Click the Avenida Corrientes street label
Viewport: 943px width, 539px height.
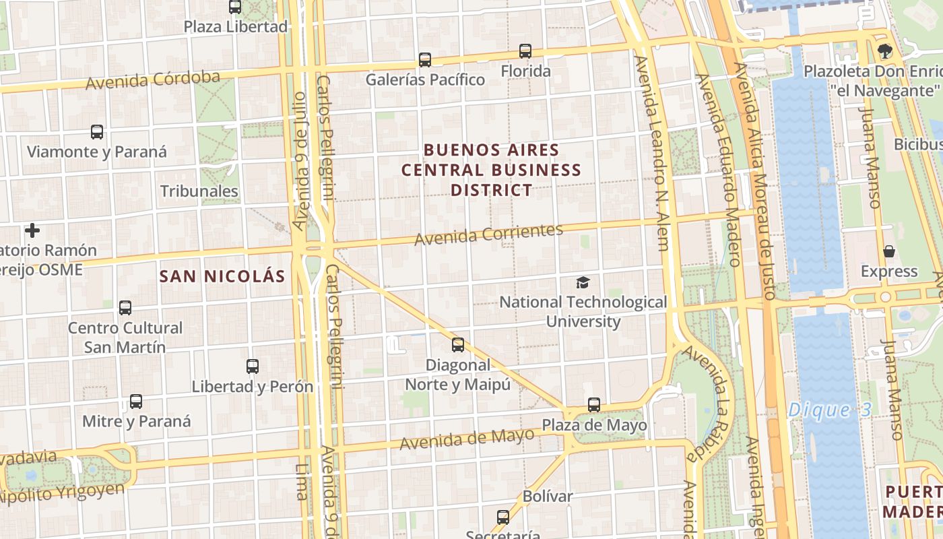[488, 234]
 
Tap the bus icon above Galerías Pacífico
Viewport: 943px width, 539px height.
[425, 60]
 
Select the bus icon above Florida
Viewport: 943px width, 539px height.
[525, 51]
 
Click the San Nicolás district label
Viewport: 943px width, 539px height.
[222, 276]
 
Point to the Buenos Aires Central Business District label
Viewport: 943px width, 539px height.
[492, 170]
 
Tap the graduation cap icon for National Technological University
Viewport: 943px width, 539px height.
[583, 283]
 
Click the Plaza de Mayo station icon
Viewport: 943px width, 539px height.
[594, 405]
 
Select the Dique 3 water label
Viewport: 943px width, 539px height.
[830, 410]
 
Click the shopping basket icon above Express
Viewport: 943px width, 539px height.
[889, 252]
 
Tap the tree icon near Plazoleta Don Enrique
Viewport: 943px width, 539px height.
[885, 51]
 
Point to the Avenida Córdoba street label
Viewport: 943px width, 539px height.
[153, 80]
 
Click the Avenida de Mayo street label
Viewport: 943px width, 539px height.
[467, 440]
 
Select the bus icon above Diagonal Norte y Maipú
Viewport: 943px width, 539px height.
[458, 345]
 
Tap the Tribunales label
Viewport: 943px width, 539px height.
[199, 191]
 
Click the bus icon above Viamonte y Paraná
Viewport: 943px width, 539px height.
[97, 132]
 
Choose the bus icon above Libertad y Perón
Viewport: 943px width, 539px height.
[253, 367]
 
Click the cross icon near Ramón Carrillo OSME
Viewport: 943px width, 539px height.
[32, 231]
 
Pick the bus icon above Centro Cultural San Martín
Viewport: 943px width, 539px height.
[125, 308]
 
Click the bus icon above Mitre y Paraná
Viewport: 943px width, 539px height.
[136, 402]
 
